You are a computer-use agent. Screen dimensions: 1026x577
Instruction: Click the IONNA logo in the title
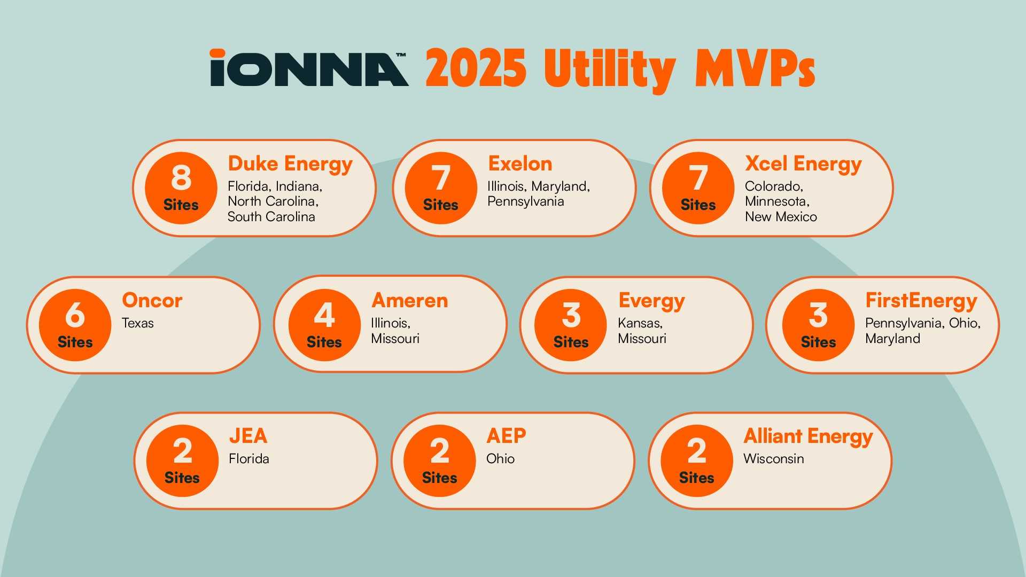point(309,68)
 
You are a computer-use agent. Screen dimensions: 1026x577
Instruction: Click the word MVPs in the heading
point(755,68)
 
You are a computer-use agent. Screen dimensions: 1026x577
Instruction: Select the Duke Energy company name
point(290,164)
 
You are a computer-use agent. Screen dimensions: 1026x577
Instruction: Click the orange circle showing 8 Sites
point(181,188)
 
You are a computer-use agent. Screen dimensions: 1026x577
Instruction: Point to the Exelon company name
point(520,163)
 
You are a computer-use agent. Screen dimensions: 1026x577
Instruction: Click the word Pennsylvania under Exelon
point(525,201)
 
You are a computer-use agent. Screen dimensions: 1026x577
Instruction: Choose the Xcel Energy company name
point(803,164)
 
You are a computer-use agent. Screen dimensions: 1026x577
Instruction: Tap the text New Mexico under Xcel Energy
point(781,216)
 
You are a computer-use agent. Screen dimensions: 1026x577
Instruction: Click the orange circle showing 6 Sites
point(75,325)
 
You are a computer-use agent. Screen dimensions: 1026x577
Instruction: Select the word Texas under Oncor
point(137,323)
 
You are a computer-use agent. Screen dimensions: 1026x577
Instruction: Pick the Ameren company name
point(410,300)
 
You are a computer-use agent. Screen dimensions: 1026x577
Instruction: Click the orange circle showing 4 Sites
point(324,325)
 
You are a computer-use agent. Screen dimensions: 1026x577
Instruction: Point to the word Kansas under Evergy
point(640,323)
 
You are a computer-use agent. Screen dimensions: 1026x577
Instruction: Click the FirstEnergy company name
point(921,301)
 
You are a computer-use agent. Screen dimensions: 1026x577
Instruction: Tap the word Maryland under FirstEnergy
point(892,339)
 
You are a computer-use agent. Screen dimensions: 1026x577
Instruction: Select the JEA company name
point(248,436)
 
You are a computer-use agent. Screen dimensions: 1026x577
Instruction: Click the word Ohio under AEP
point(500,458)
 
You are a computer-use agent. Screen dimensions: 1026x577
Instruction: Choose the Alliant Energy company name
point(808,436)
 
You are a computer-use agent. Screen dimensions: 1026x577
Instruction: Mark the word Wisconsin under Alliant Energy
point(774,458)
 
